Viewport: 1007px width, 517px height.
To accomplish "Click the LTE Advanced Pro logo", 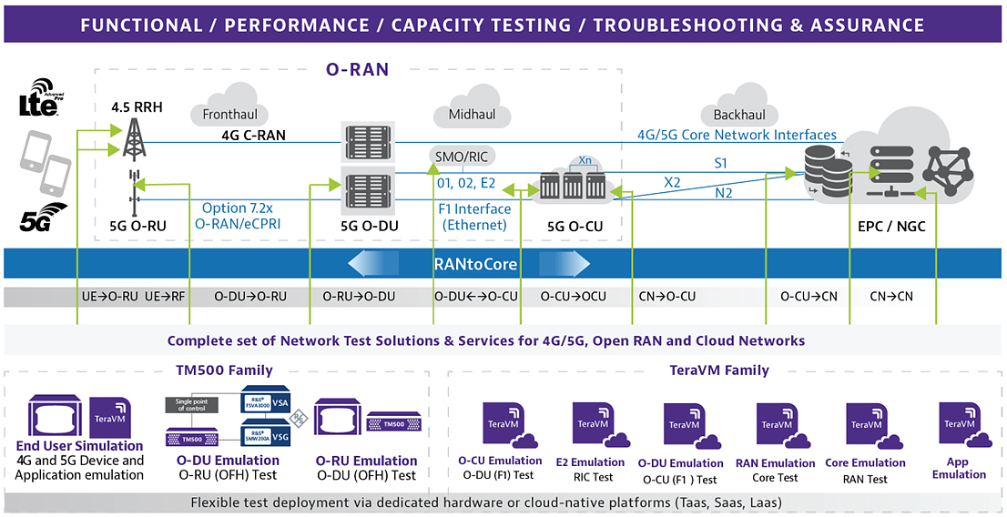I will pyautogui.click(x=38, y=101).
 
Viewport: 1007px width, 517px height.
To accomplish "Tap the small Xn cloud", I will pyautogui.click(x=585, y=159).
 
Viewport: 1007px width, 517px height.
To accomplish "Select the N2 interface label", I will pyautogui.click(x=723, y=192).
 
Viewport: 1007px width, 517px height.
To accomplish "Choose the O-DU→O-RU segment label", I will pyautogui.click(x=250, y=296).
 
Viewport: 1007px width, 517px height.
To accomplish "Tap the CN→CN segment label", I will pyautogui.click(x=891, y=296).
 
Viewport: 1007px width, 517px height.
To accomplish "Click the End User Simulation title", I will pyautogui.click(x=80, y=446).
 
